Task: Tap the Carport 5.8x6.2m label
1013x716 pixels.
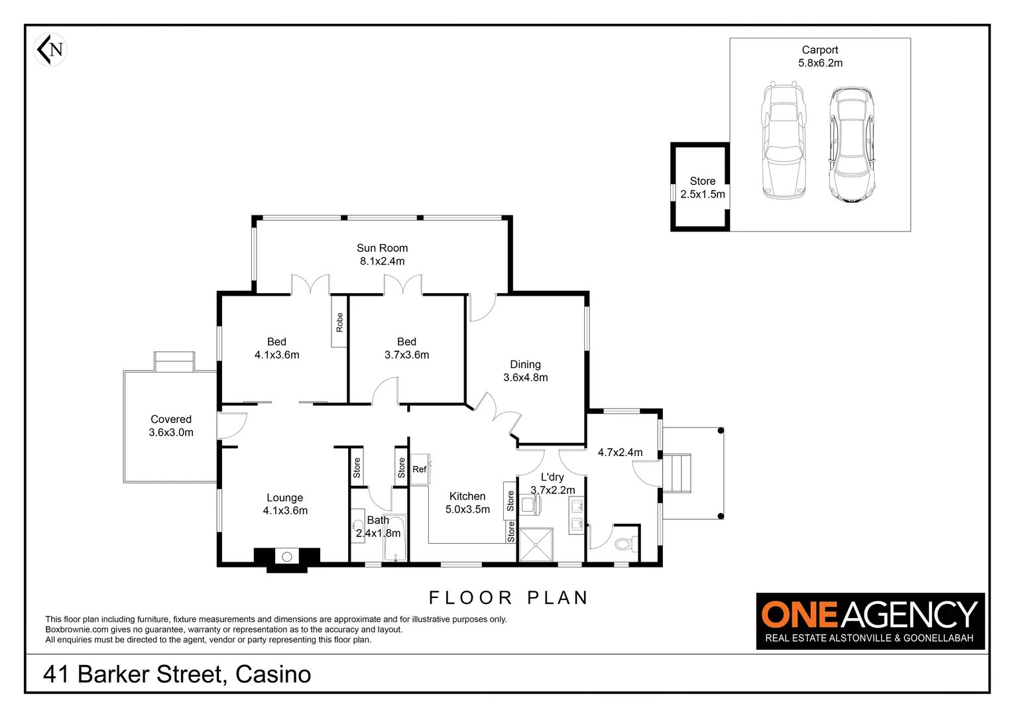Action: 820,56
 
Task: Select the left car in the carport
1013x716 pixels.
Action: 783,141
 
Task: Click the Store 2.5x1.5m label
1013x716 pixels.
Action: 702,188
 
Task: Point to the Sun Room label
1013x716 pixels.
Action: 382,255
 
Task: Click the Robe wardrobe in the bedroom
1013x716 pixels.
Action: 339,322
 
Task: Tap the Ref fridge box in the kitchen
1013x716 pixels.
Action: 420,469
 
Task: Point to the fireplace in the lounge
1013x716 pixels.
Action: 287,558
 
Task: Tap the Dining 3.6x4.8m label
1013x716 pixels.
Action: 525,371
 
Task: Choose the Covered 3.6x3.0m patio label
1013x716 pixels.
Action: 171,426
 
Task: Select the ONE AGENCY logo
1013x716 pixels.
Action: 870,621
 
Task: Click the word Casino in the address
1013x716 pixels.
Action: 273,674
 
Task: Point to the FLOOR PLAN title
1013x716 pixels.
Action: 508,598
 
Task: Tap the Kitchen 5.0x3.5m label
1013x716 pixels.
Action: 467,503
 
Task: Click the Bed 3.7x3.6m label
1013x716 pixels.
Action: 406,348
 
